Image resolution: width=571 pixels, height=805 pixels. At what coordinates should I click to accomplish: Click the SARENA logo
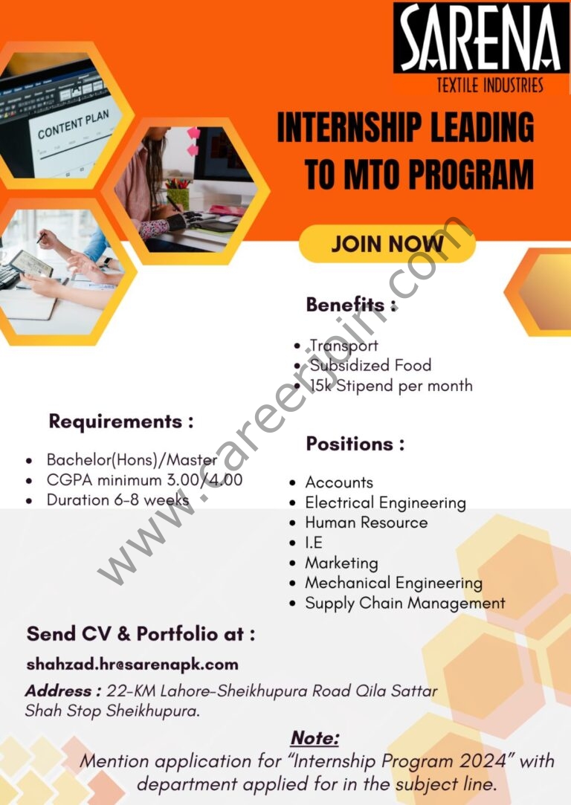[x=481, y=38]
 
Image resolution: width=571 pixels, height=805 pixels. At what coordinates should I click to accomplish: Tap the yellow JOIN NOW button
[x=387, y=243]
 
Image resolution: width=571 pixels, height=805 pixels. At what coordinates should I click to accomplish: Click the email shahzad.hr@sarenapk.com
[x=132, y=665]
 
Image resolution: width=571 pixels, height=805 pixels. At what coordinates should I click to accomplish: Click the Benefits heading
[x=351, y=305]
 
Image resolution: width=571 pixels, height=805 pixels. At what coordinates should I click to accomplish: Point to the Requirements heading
[x=121, y=421]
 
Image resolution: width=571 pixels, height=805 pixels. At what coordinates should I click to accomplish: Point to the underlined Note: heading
[x=314, y=738]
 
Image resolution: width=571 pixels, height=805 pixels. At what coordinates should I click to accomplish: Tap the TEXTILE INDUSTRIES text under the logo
[x=490, y=85]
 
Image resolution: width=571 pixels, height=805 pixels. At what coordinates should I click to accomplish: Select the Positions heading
[x=355, y=444]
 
